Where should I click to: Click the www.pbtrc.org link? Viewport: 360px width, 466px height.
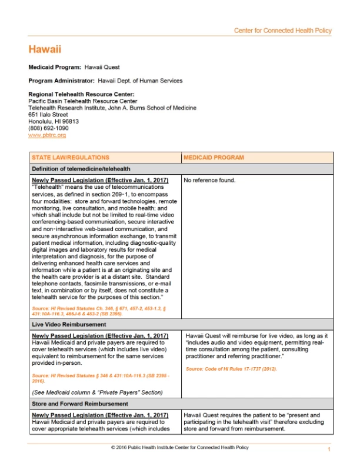coord(47,135)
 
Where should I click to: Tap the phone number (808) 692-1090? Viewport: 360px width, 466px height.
coord(48,128)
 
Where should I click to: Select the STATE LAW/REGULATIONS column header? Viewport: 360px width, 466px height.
coord(71,158)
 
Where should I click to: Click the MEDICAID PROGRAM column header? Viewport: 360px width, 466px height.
coord(214,158)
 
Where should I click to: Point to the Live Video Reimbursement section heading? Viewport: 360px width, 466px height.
coord(70,324)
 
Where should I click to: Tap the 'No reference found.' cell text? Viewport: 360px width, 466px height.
coord(209,180)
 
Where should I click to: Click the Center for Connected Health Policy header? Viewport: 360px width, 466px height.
coord(282,31)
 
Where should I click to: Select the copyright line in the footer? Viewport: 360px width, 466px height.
coord(179,448)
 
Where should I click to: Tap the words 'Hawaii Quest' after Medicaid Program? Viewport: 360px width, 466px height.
coord(102,68)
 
